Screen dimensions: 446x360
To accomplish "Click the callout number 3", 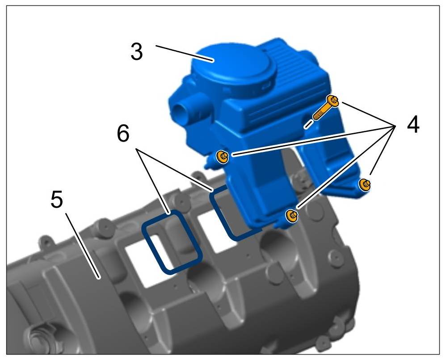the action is (137, 51).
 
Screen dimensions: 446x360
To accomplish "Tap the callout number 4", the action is (413, 124).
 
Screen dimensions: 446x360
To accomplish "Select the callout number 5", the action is (57, 199).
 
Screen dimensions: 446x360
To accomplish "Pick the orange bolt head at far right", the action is (365, 184).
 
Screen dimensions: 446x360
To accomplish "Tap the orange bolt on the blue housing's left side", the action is (222, 157).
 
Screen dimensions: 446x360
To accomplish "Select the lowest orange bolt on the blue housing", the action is (292, 216).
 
